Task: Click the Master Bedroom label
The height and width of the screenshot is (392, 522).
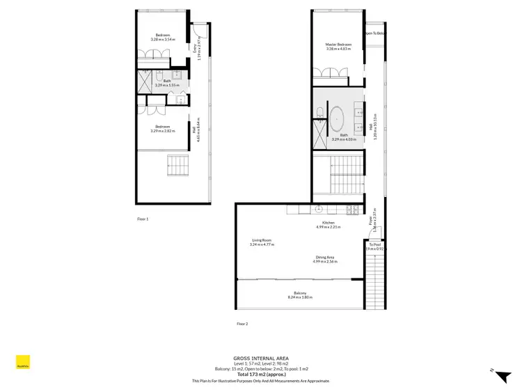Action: click(x=338, y=45)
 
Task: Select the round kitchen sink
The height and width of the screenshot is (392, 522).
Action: click(x=319, y=208)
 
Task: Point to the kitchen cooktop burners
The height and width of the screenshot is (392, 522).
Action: click(x=354, y=208)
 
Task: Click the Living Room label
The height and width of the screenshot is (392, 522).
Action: click(x=262, y=240)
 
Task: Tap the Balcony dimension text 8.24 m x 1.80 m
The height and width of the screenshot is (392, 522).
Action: click(x=300, y=297)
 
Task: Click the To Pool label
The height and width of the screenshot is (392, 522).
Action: click(x=374, y=244)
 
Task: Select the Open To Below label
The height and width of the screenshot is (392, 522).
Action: click(x=374, y=33)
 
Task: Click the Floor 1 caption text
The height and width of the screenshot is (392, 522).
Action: click(x=143, y=219)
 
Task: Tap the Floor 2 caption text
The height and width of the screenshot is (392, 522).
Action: click(x=242, y=324)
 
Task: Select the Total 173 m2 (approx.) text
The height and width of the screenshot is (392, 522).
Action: click(x=260, y=375)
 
